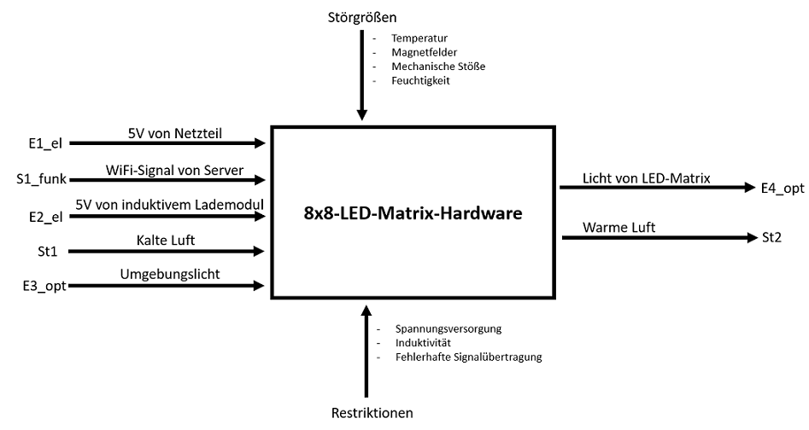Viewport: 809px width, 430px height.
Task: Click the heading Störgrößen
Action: coord(362,17)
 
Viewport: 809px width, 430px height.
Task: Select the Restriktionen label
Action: coord(372,413)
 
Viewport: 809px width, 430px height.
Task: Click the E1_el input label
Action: coord(44,143)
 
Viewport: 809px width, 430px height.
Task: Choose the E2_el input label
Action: coord(44,217)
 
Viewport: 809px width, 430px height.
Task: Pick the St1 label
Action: coord(37,252)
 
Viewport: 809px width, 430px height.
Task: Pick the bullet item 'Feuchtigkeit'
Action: coord(420,80)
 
